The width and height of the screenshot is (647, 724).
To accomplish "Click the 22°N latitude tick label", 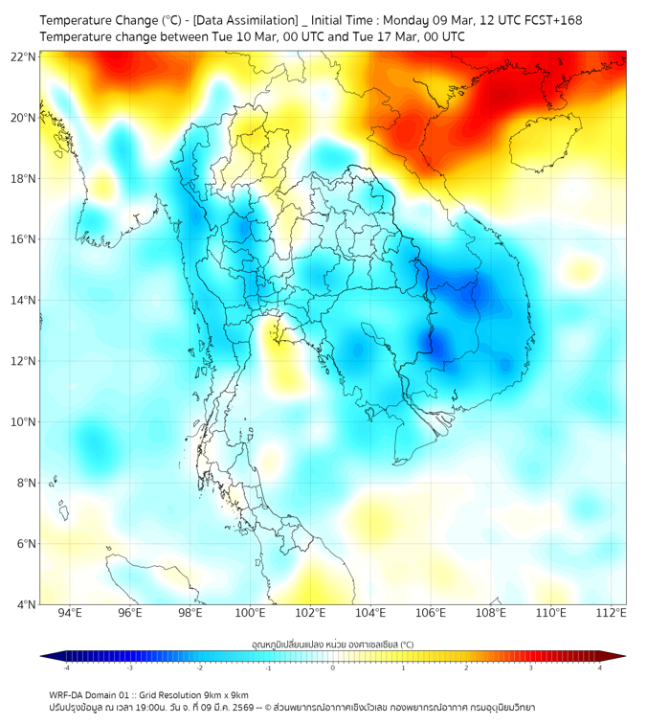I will coord(24,57).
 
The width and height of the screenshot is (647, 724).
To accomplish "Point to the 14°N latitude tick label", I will coord(24,300).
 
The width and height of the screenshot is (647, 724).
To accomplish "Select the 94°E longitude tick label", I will coord(70,613).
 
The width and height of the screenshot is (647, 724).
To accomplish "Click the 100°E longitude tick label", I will coord(250,613).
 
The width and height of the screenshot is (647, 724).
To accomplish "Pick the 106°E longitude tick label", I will coord(431,613).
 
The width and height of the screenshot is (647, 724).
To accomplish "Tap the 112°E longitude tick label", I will coord(611,613).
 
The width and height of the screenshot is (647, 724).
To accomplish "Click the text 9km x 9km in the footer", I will coord(222,695).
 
